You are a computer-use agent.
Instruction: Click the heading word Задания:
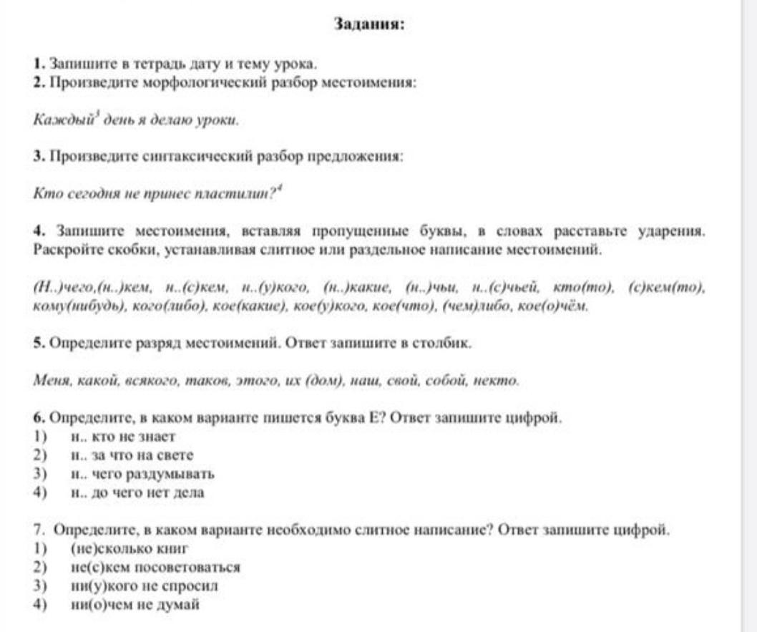[369, 24]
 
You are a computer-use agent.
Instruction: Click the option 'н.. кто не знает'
[122, 436]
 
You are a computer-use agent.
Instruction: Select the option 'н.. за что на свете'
[132, 454]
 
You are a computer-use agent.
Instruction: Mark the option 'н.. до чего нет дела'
[137, 492]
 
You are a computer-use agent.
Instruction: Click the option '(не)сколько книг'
[130, 549]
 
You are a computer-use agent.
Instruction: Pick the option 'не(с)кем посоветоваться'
[155, 568]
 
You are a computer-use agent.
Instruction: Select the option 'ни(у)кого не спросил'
[145, 586]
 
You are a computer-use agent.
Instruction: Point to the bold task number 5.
[37, 343]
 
